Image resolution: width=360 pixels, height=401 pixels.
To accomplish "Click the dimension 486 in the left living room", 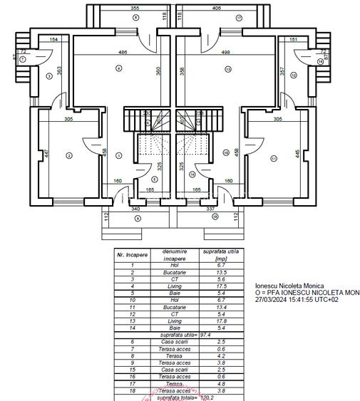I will (123, 52).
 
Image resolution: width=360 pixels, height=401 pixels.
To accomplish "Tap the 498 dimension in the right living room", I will (226, 52).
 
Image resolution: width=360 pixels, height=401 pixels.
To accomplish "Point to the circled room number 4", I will (119, 68).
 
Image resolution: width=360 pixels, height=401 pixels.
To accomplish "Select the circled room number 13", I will (227, 68).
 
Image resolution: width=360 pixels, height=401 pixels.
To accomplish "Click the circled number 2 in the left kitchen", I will (68, 155).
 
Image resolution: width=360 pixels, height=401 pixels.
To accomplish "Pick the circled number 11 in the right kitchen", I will (271, 155).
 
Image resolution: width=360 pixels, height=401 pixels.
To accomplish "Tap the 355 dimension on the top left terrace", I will (135, 8).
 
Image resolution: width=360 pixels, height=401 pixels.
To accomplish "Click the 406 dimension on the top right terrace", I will (217, 8).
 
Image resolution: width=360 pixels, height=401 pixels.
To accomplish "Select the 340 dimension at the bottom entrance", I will (136, 209).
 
